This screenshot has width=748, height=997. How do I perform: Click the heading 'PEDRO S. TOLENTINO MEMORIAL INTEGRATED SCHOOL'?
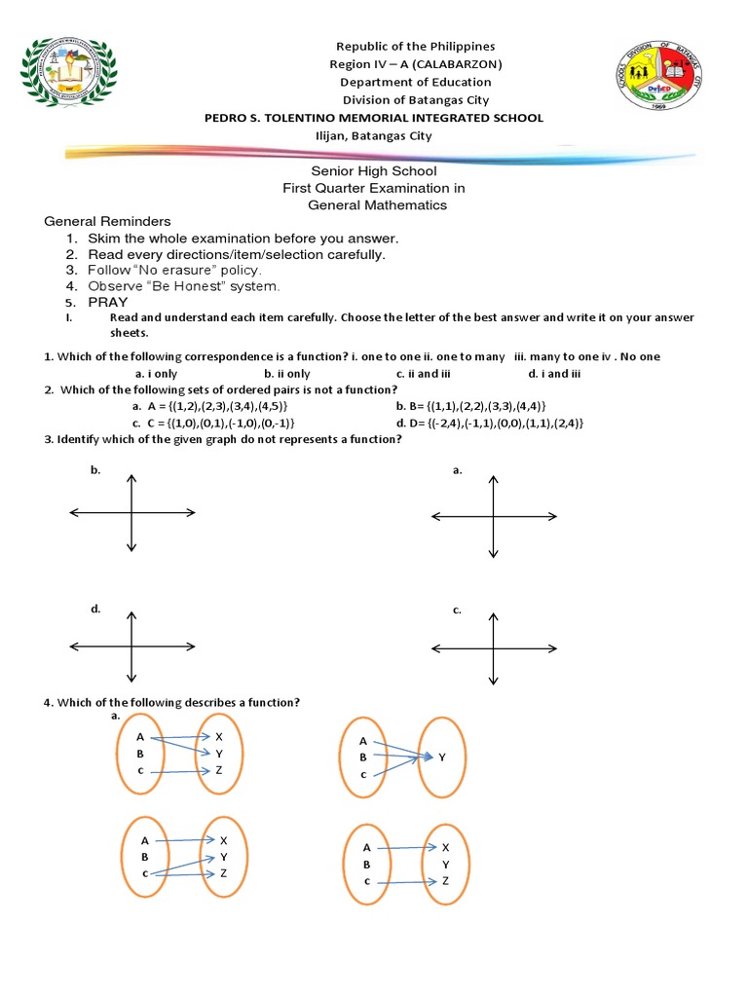tap(373, 118)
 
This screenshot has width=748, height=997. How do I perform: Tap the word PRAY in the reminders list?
tap(108, 302)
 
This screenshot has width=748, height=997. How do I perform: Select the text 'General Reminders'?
tap(107, 222)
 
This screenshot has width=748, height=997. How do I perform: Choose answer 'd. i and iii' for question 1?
tap(554, 373)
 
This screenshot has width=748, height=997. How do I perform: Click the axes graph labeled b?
tap(131, 513)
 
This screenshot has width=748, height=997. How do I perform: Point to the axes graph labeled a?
tap(494, 516)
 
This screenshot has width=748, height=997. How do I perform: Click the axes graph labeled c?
tap(494, 648)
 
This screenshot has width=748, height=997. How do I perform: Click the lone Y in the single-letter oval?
tap(441, 757)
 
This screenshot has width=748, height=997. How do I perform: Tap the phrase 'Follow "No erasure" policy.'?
tap(174, 270)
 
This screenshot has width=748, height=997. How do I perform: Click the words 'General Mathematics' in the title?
tap(377, 205)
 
